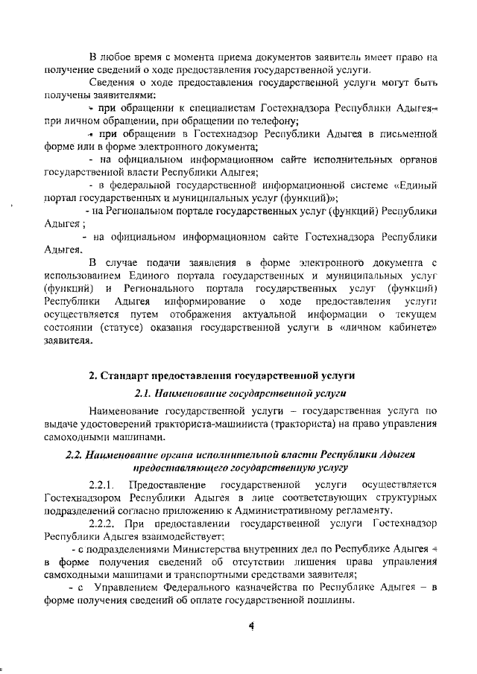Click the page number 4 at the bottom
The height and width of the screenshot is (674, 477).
tap(251, 626)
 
